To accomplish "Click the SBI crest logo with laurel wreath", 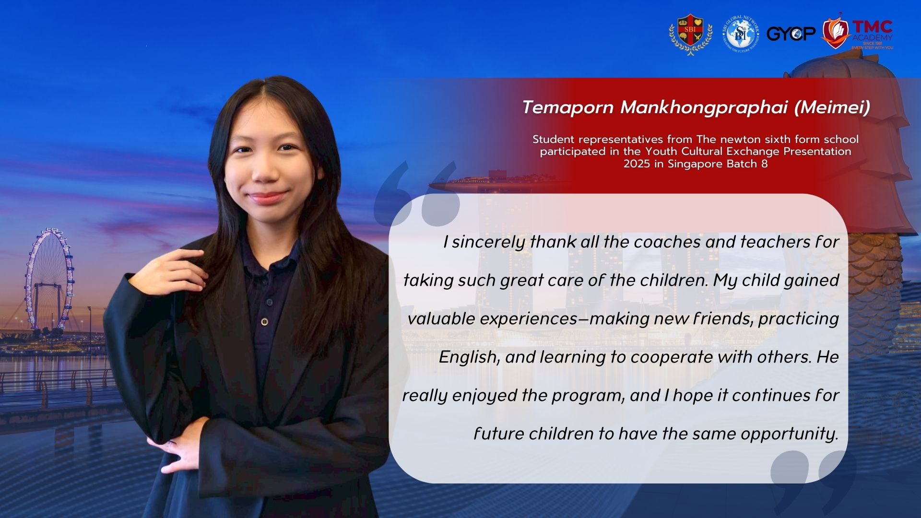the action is [x=691, y=34].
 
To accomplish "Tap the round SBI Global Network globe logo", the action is [x=741, y=34].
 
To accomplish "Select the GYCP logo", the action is [x=791, y=34].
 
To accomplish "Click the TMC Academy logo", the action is [x=857, y=33].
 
